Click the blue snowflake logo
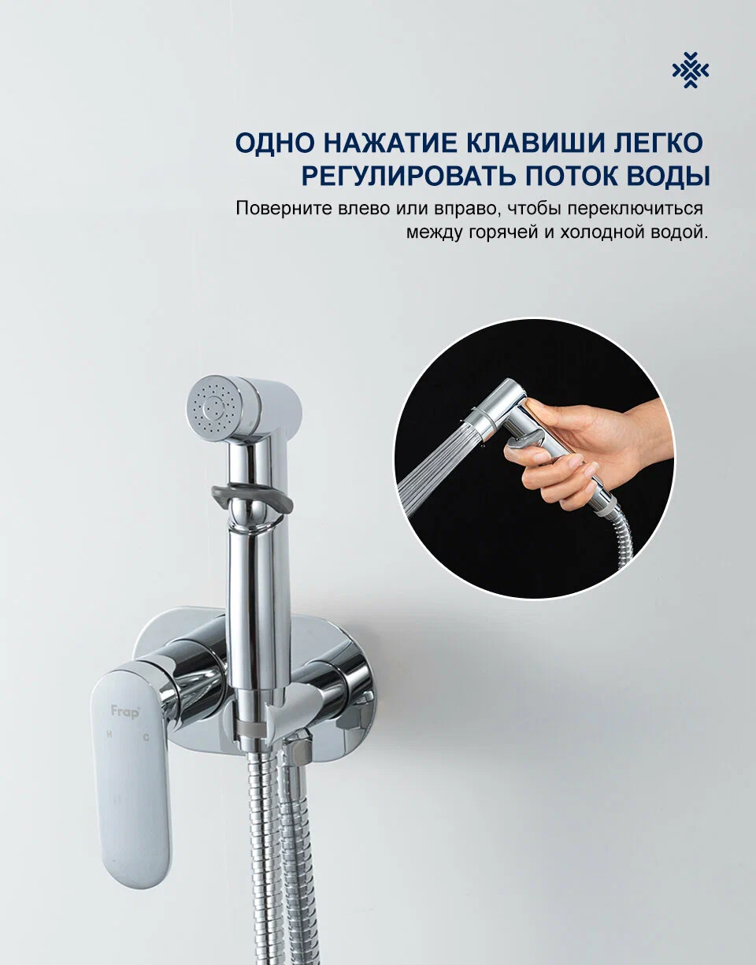pyautogui.click(x=691, y=70)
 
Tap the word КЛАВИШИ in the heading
pyautogui.click(x=534, y=143)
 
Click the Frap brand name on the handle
pyautogui.click(x=124, y=712)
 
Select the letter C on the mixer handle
pyautogui.click(x=146, y=737)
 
